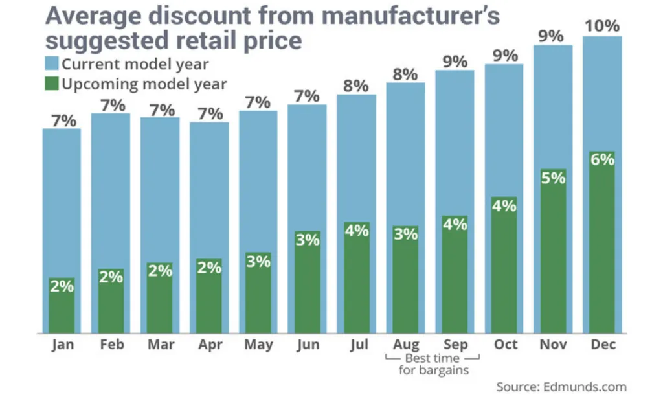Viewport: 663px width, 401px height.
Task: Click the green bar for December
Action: pos(602,253)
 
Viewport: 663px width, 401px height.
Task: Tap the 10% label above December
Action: pos(602,27)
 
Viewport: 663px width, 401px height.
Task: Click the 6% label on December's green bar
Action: pos(602,159)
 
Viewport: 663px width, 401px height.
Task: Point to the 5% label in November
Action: pos(554,178)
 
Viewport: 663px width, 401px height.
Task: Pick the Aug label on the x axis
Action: pos(406,345)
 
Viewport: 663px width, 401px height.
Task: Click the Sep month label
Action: pos(455,345)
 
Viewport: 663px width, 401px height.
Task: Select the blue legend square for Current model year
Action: pos(52,64)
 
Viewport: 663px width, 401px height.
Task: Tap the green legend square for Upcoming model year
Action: pos(52,84)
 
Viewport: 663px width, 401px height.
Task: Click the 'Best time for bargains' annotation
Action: pos(431,364)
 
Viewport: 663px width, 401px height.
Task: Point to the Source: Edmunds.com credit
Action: pos(561,387)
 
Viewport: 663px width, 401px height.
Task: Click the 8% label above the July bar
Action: pos(356,86)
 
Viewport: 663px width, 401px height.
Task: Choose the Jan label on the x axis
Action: pos(63,345)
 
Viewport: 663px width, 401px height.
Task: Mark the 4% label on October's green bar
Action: pos(504,206)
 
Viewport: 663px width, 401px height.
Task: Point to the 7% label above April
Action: pos(209,113)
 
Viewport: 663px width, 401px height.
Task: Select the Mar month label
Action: pos(160,345)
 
